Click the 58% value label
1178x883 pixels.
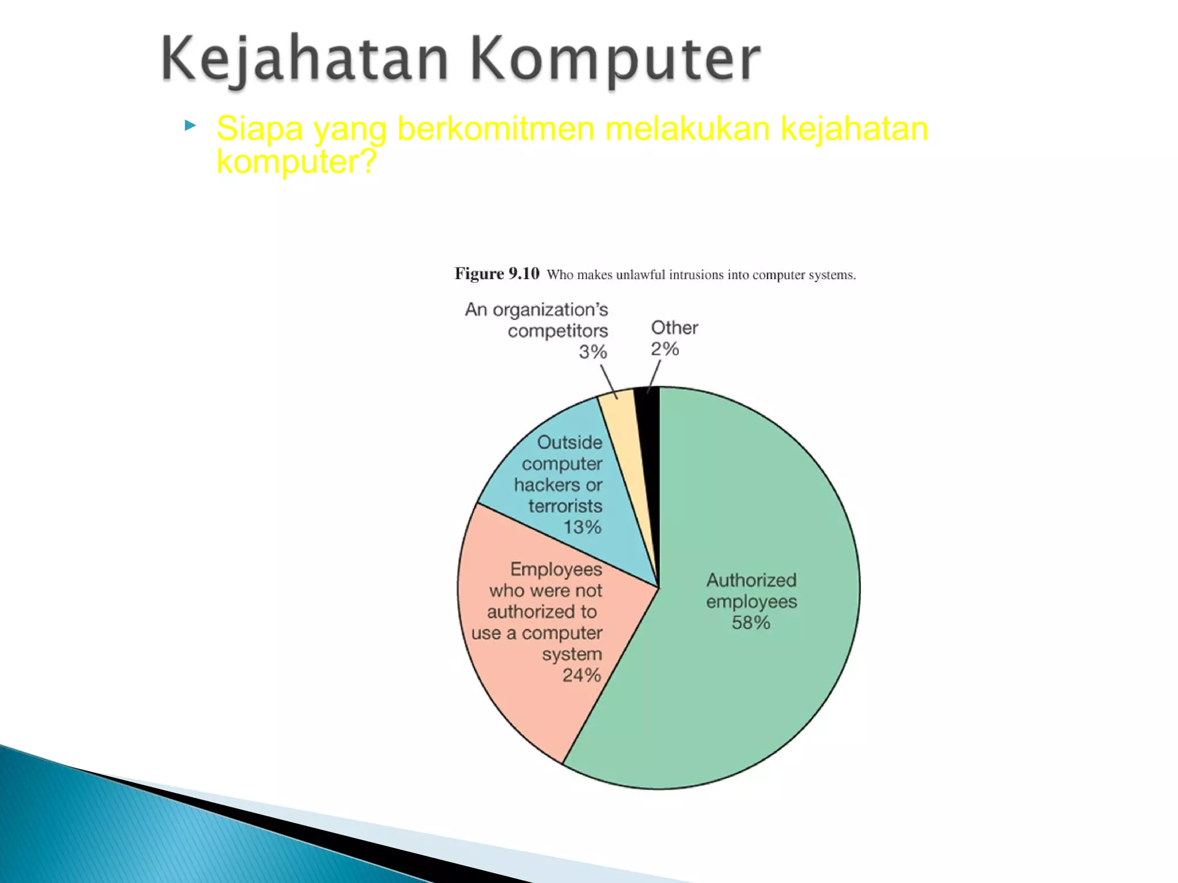click(x=751, y=623)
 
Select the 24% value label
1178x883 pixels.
click(x=582, y=675)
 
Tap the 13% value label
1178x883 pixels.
click(x=582, y=527)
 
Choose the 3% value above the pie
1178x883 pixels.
click(x=592, y=352)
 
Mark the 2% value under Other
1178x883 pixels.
click(x=665, y=349)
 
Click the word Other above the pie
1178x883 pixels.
click(x=674, y=328)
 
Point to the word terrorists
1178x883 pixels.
click(x=565, y=506)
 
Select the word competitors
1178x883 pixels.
click(x=557, y=331)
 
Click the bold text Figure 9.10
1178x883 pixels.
click(x=497, y=274)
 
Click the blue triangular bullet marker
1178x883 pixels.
click(x=190, y=125)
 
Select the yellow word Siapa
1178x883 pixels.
click(x=259, y=128)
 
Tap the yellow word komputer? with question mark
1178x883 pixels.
click(x=296, y=162)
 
